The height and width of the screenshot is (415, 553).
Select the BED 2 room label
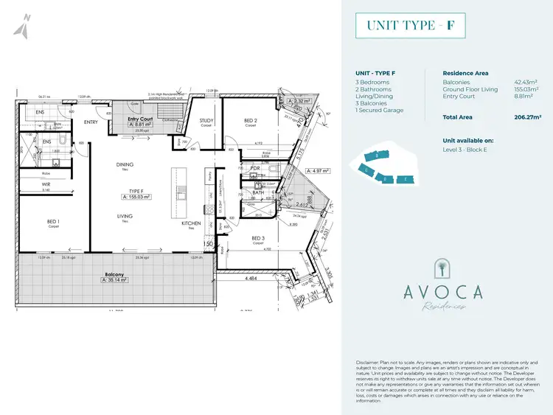pos(251,121)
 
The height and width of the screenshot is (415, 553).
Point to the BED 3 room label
pos(257,238)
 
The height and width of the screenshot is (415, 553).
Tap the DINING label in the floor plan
pos(125,164)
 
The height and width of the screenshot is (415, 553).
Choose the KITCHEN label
pos(191,223)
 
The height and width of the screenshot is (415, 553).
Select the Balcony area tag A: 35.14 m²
pos(111,280)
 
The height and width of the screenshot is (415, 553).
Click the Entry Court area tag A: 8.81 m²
pos(140,125)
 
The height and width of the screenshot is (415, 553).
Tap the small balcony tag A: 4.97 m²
pos(318,170)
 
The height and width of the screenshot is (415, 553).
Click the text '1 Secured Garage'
pos(378,110)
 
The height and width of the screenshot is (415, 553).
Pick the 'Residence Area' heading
pos(465,73)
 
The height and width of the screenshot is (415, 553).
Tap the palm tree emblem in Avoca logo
pos(443,268)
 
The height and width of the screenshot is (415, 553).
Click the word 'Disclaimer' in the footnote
pos(366,363)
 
